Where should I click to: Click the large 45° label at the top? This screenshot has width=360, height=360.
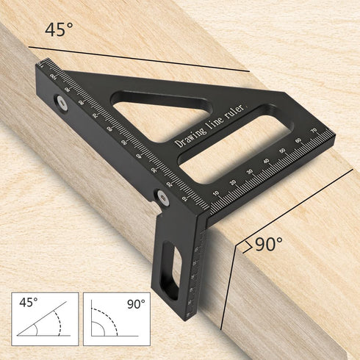click(x=59, y=30)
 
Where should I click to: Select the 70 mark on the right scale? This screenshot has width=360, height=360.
click(x=313, y=132)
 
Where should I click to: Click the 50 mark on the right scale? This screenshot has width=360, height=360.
click(x=281, y=149)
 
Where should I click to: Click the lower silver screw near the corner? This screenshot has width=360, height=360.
click(x=158, y=195)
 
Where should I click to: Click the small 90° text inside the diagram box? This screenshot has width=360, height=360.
click(x=135, y=303)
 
